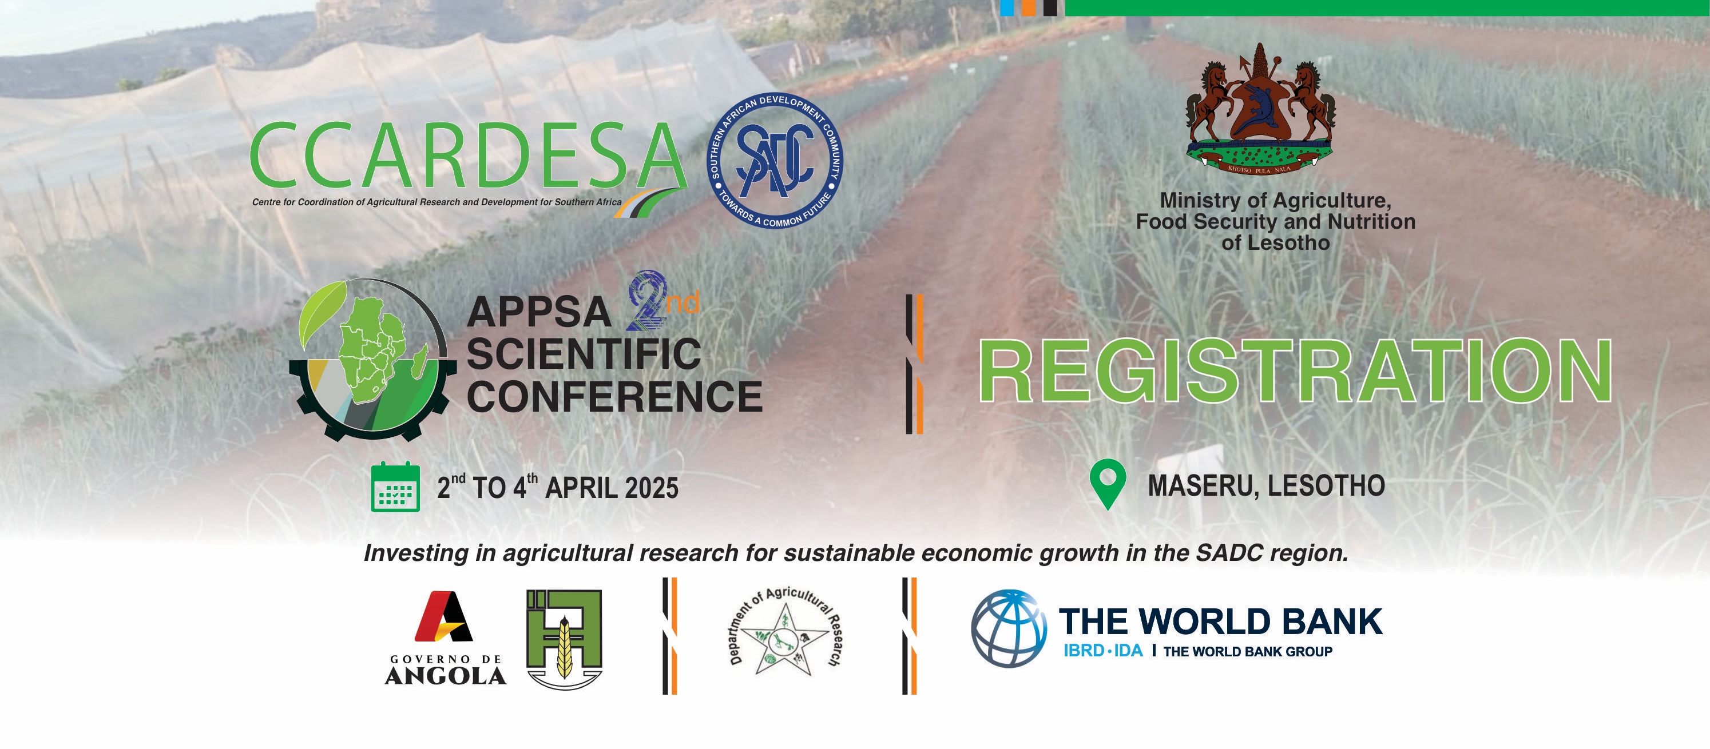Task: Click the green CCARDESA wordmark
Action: [x=467, y=156]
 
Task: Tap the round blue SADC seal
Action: [x=774, y=160]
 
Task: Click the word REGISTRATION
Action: [x=1295, y=370]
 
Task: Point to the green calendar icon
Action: [x=395, y=487]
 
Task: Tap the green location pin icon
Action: [x=1107, y=484]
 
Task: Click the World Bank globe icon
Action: [x=1009, y=628]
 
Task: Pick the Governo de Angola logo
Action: [x=446, y=637]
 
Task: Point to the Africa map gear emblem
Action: [x=373, y=359]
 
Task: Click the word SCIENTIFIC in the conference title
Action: [x=584, y=354]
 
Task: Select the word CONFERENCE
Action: [x=614, y=396]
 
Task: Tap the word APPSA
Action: [x=538, y=313]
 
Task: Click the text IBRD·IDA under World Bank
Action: [x=1102, y=651]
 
